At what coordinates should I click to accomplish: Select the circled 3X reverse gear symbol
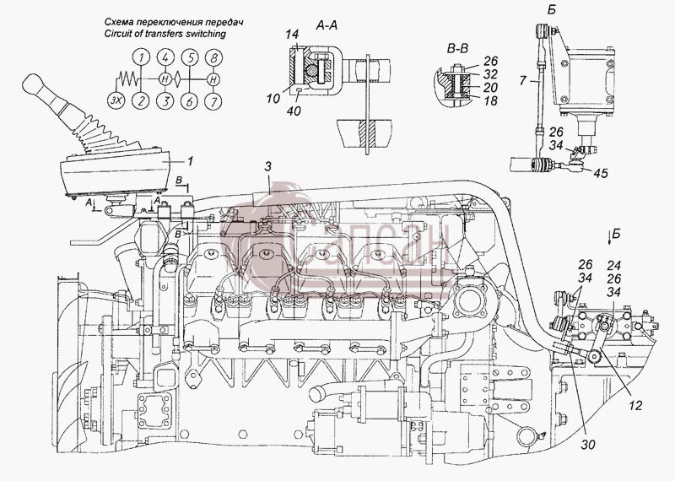coord(115,101)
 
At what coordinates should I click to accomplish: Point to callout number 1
coord(190,161)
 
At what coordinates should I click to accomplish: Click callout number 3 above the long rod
coord(267,167)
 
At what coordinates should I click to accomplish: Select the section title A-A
coord(327,26)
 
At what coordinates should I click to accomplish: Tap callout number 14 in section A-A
coord(294,35)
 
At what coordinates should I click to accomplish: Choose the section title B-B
coord(457,49)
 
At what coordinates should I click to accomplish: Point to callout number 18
coord(490,100)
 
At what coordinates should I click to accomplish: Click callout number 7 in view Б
coord(523,80)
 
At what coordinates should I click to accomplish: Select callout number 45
coord(601,173)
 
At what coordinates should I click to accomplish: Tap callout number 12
coord(635,405)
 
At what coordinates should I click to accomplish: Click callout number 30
coord(587,444)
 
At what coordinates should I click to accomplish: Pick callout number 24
coord(614,265)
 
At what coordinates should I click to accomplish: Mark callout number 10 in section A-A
coord(273,98)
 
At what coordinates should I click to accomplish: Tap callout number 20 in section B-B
coord(490,88)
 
